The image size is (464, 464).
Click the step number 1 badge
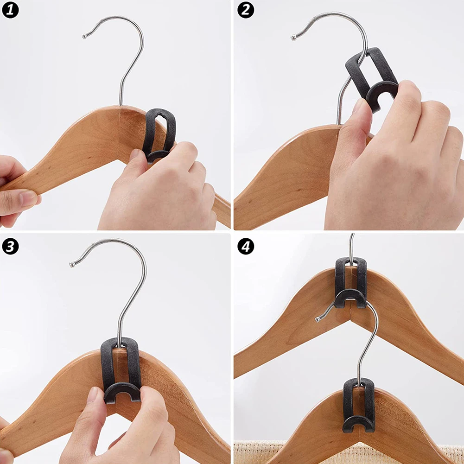click(10, 10)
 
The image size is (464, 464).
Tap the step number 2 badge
click(246, 10)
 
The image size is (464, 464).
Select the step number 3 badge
click(10, 246)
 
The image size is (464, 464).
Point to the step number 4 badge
click(246, 246)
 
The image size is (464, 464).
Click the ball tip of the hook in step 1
click(84, 37)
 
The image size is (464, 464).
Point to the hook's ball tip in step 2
click(293, 38)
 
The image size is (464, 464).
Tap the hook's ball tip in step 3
click(72, 264)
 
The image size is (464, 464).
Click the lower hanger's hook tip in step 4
click(318, 319)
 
